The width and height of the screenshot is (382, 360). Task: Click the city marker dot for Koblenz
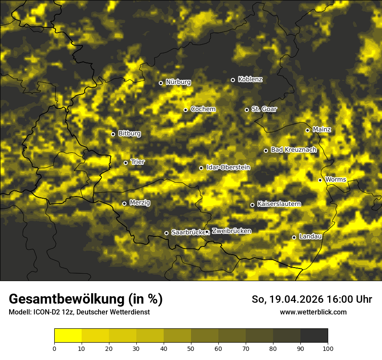[x=233, y=80]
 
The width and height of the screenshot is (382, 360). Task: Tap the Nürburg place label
[x=178, y=82]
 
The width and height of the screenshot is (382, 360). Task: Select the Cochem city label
[x=203, y=109]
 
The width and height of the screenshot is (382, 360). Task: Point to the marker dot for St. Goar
[x=247, y=110]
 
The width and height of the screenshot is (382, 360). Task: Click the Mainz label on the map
[x=322, y=129]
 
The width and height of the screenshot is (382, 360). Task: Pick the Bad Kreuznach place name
[x=293, y=150]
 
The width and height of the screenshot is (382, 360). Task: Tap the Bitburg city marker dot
[x=113, y=134]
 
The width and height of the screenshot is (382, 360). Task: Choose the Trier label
[x=138, y=162]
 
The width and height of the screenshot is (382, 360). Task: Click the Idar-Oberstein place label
[x=228, y=167]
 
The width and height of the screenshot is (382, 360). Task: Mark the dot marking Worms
[x=320, y=180]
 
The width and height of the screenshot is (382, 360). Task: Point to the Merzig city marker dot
[x=124, y=203]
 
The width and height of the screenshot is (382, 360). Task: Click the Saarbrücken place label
[x=188, y=232]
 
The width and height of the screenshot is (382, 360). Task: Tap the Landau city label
[x=310, y=236]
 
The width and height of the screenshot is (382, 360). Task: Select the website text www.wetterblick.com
[x=313, y=312]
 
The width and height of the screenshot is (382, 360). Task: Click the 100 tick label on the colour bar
[x=328, y=348]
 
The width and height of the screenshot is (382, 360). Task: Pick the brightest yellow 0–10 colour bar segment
[x=68, y=335]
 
